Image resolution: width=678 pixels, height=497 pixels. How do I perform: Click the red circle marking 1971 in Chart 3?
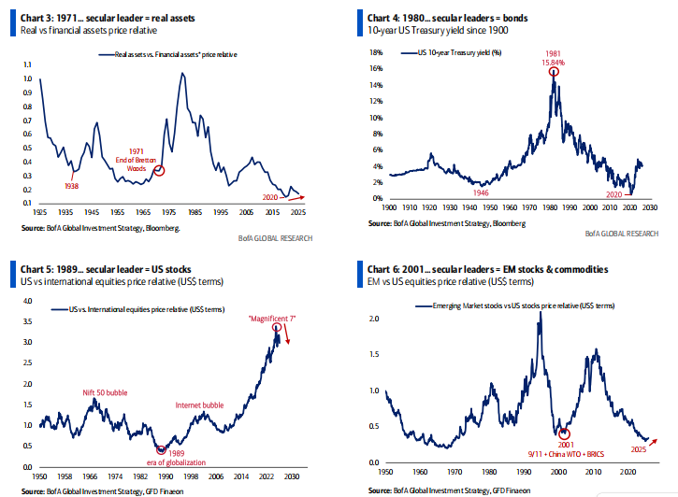point(159,170)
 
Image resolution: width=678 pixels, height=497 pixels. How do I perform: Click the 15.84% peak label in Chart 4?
point(555,62)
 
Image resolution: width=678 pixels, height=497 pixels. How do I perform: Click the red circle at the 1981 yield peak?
point(555,72)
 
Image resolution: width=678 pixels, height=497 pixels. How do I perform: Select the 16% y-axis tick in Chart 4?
point(377,68)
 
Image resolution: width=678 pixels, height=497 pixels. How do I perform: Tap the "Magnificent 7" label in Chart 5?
point(273,319)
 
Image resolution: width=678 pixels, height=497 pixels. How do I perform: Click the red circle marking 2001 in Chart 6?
point(564,433)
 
